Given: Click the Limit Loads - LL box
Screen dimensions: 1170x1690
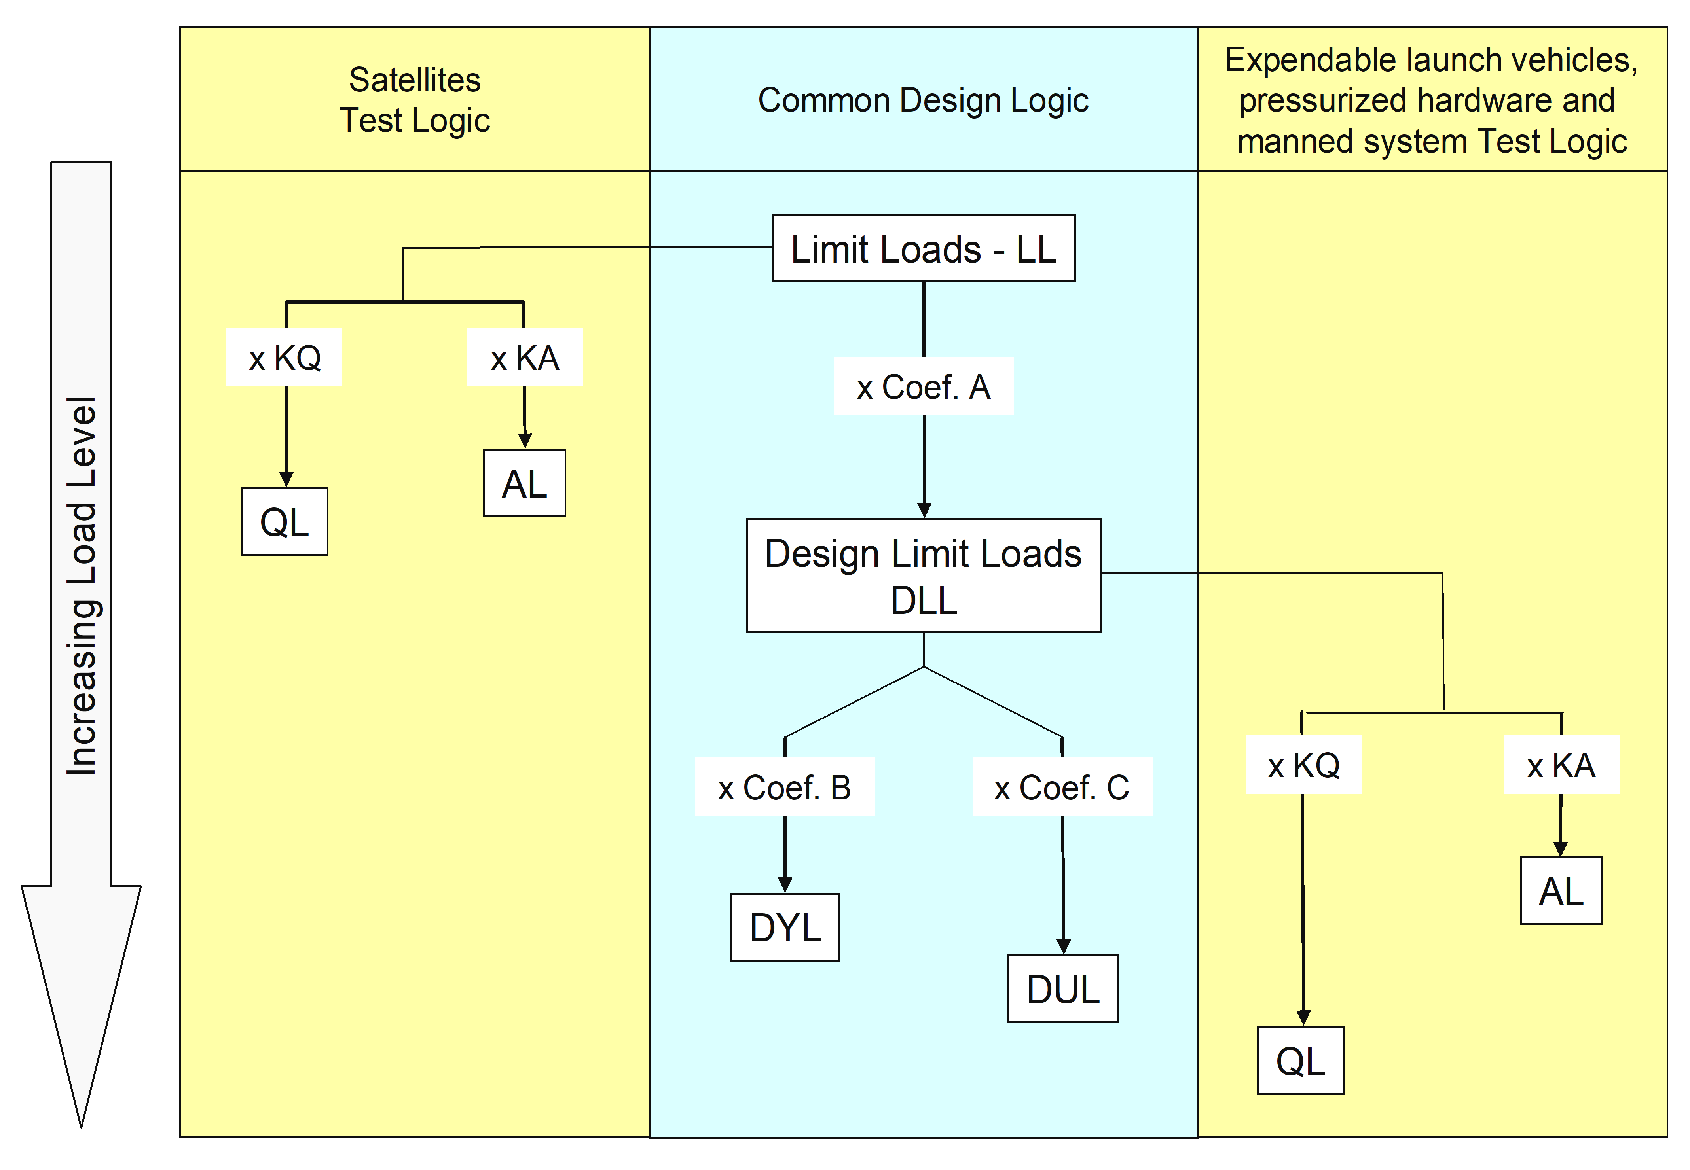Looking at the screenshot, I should click(x=923, y=248).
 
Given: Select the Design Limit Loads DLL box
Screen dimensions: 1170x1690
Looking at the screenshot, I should click(x=923, y=576).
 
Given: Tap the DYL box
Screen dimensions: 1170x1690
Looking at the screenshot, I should click(x=785, y=928).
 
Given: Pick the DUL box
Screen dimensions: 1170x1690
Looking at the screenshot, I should click(x=1062, y=989).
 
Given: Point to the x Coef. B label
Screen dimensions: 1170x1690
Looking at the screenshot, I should click(x=785, y=788).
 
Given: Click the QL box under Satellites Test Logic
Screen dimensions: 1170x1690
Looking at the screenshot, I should click(x=285, y=522).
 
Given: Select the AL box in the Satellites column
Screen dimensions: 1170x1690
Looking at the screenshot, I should click(x=524, y=483).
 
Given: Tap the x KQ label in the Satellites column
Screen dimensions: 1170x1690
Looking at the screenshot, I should click(x=285, y=358).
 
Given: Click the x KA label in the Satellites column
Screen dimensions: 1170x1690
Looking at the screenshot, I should click(x=524, y=358).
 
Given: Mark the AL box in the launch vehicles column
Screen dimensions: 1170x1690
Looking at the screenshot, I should click(x=1561, y=891).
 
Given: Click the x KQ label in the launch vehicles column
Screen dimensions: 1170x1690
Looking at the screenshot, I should click(x=1303, y=765).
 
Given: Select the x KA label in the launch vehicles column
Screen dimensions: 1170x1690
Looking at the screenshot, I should click(x=1561, y=765).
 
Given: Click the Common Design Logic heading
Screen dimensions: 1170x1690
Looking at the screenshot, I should click(x=923, y=100).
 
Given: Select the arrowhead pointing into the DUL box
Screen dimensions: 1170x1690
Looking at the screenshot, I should click(x=1063, y=947).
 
